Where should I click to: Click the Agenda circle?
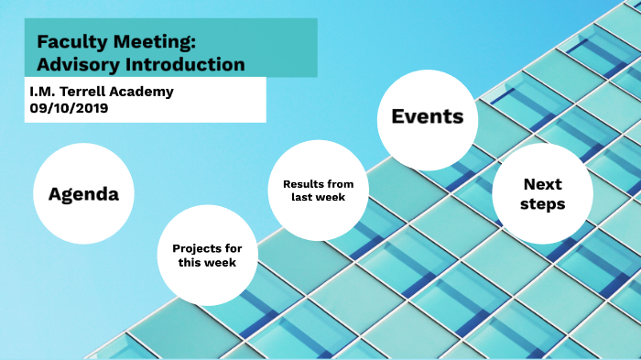tap(83, 194)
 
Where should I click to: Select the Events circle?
tap(428, 116)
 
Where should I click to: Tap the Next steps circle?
tap(542, 194)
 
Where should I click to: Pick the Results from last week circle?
tap(318, 190)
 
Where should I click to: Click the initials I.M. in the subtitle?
tap(41, 92)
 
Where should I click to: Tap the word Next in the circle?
tap(542, 184)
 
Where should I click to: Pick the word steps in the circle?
tap(542, 204)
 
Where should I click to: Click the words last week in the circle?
tap(318, 197)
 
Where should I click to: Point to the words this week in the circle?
tap(207, 263)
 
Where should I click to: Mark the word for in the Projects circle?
tap(231, 248)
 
